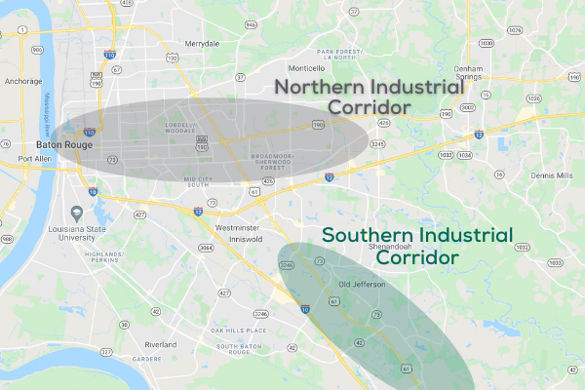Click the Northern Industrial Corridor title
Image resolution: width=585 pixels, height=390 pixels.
pos(369,96)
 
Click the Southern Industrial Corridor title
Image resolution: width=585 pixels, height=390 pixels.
pos(417,247)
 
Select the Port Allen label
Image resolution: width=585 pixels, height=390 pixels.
pos(34,158)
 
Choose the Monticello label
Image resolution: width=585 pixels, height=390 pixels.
pos(305,68)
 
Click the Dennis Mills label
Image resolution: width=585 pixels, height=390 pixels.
pos(552,175)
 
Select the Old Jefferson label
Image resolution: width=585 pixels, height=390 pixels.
pos(362,284)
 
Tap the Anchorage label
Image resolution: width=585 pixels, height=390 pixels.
pos(21,82)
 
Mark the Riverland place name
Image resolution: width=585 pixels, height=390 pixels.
pos(160,345)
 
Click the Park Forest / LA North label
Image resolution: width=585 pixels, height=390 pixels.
pos(338,54)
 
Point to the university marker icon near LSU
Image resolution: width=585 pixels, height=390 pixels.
pos(77,214)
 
